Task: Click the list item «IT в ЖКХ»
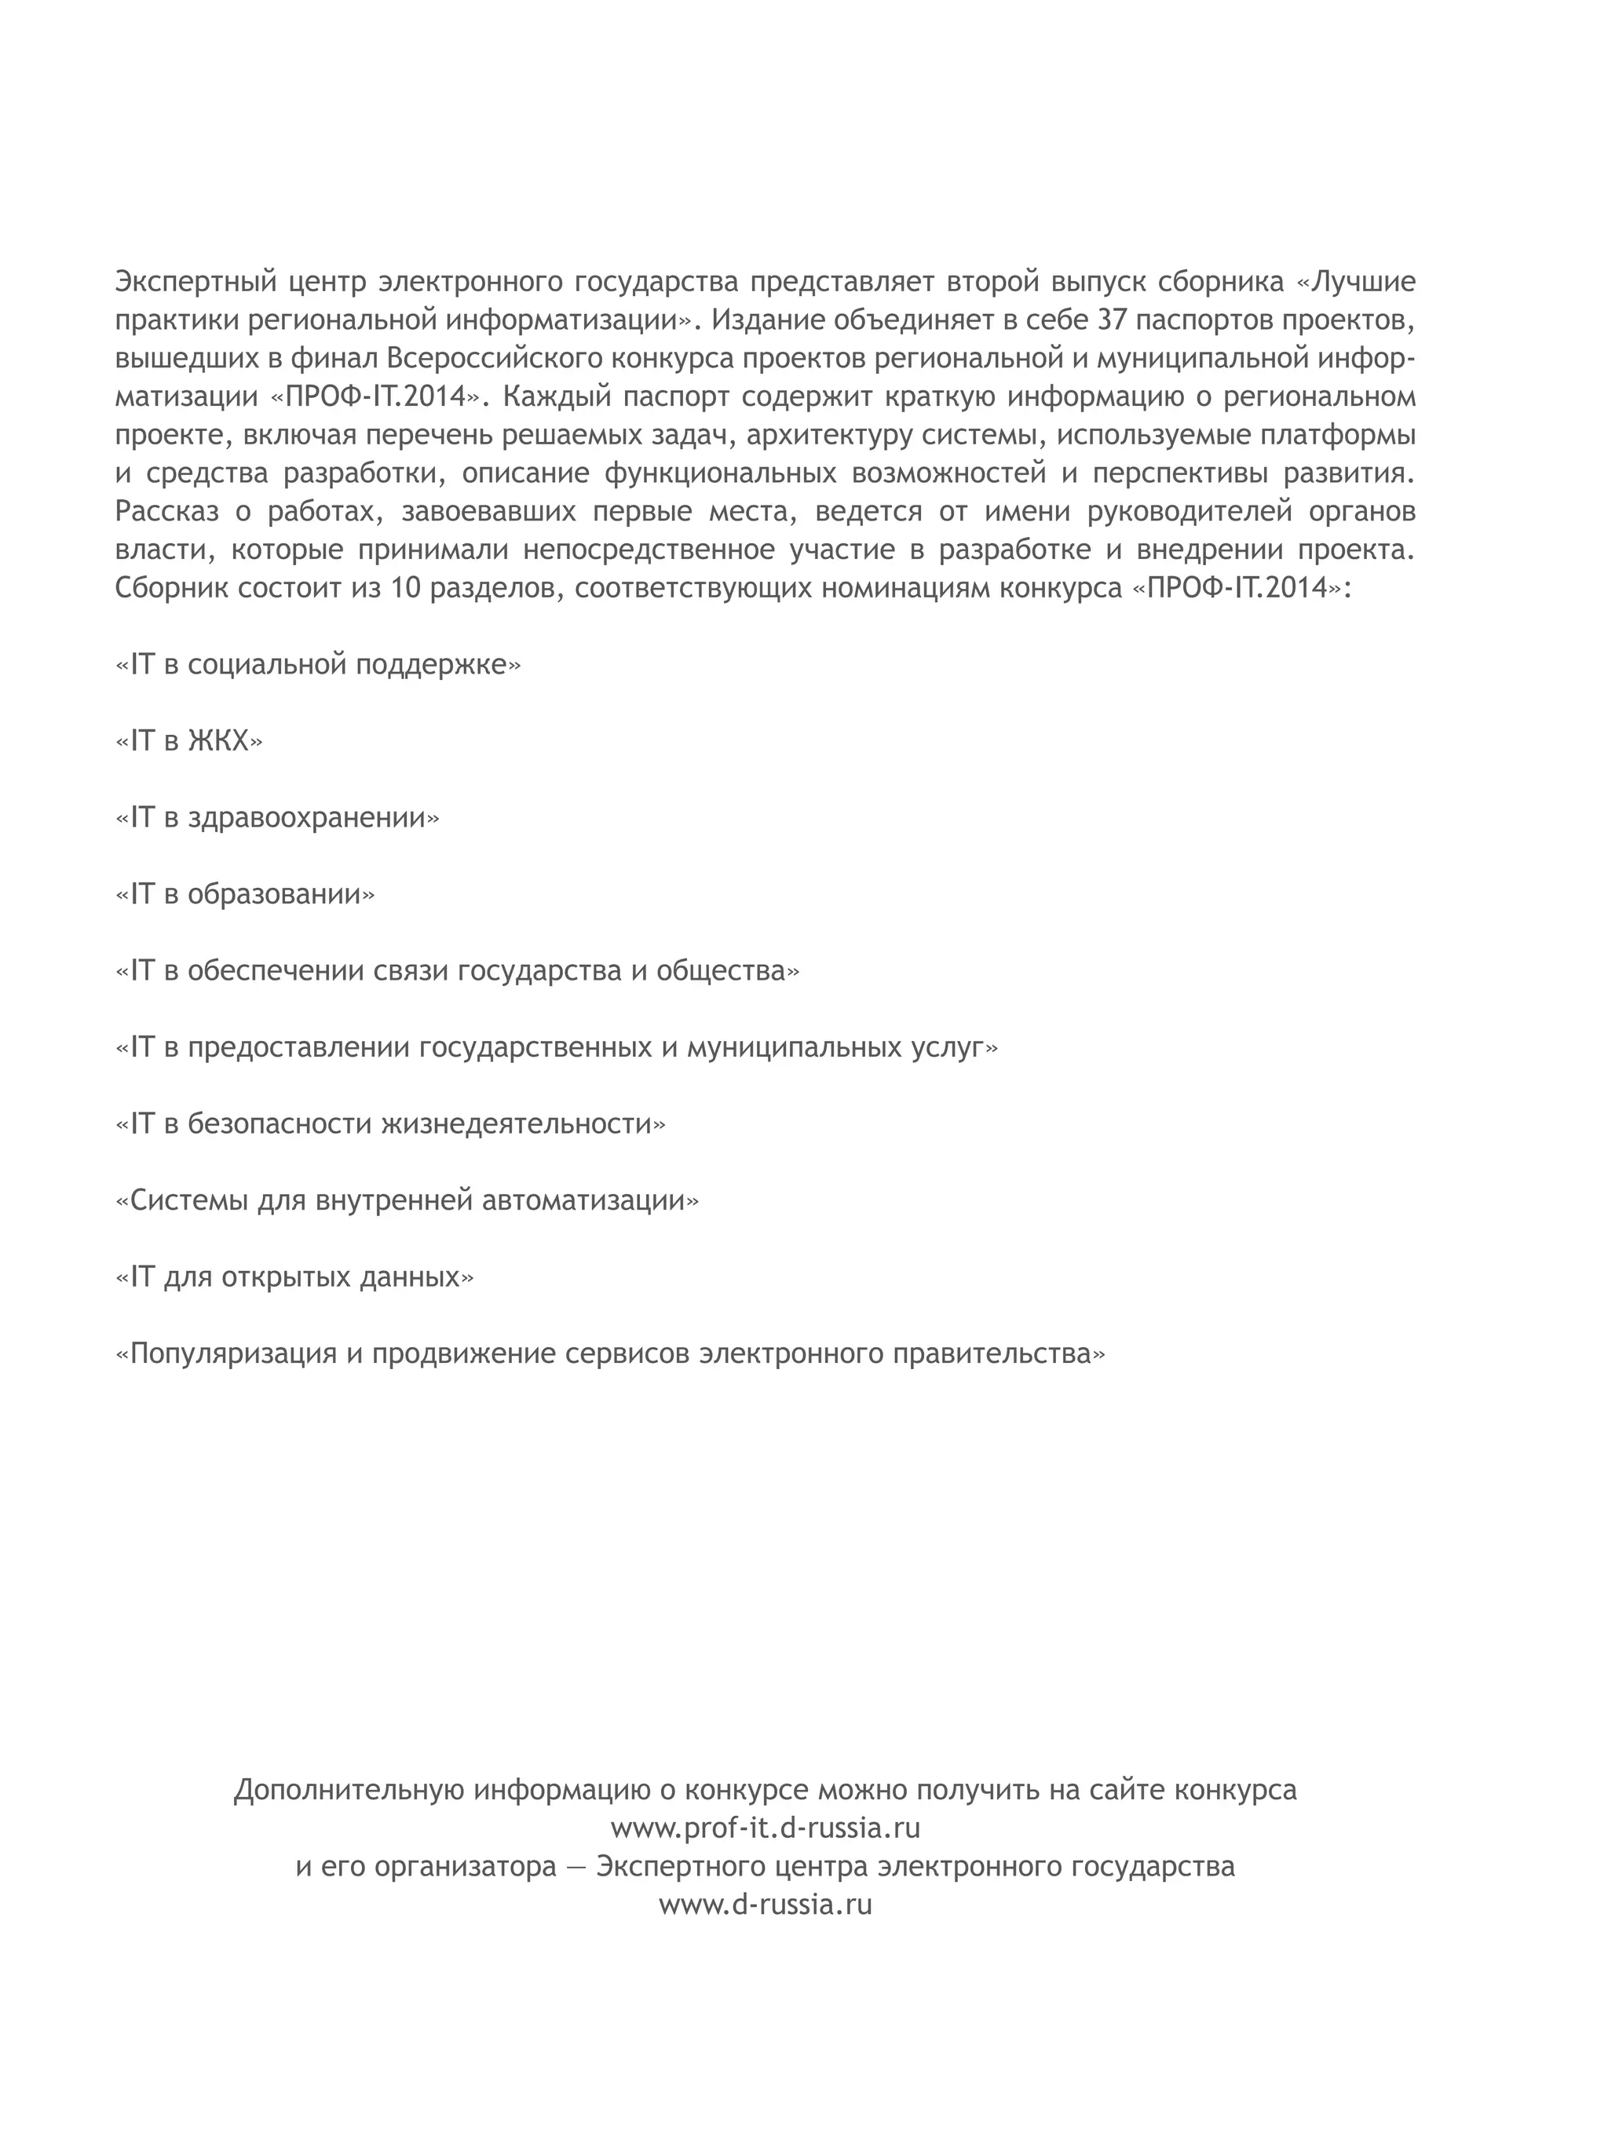click(x=189, y=740)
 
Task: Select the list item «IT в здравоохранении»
click(x=277, y=817)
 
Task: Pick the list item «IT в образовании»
click(x=245, y=893)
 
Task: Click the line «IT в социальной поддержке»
click(x=318, y=664)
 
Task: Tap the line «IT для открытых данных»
click(x=294, y=1277)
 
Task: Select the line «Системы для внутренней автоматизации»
click(x=407, y=1200)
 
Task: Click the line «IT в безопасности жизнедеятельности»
click(x=390, y=1123)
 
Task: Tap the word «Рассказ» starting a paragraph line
click(x=166, y=511)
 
